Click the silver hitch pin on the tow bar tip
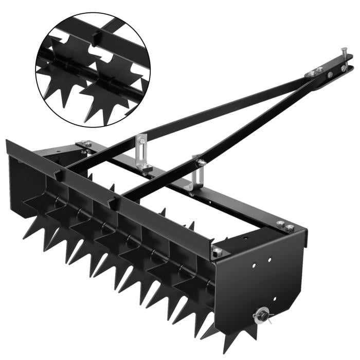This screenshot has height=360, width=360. tap(343, 55)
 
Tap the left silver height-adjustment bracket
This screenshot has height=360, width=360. tap(142, 149)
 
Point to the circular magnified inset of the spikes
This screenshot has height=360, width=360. tap(93, 69)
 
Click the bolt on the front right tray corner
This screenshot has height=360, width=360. tap(218, 251)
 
